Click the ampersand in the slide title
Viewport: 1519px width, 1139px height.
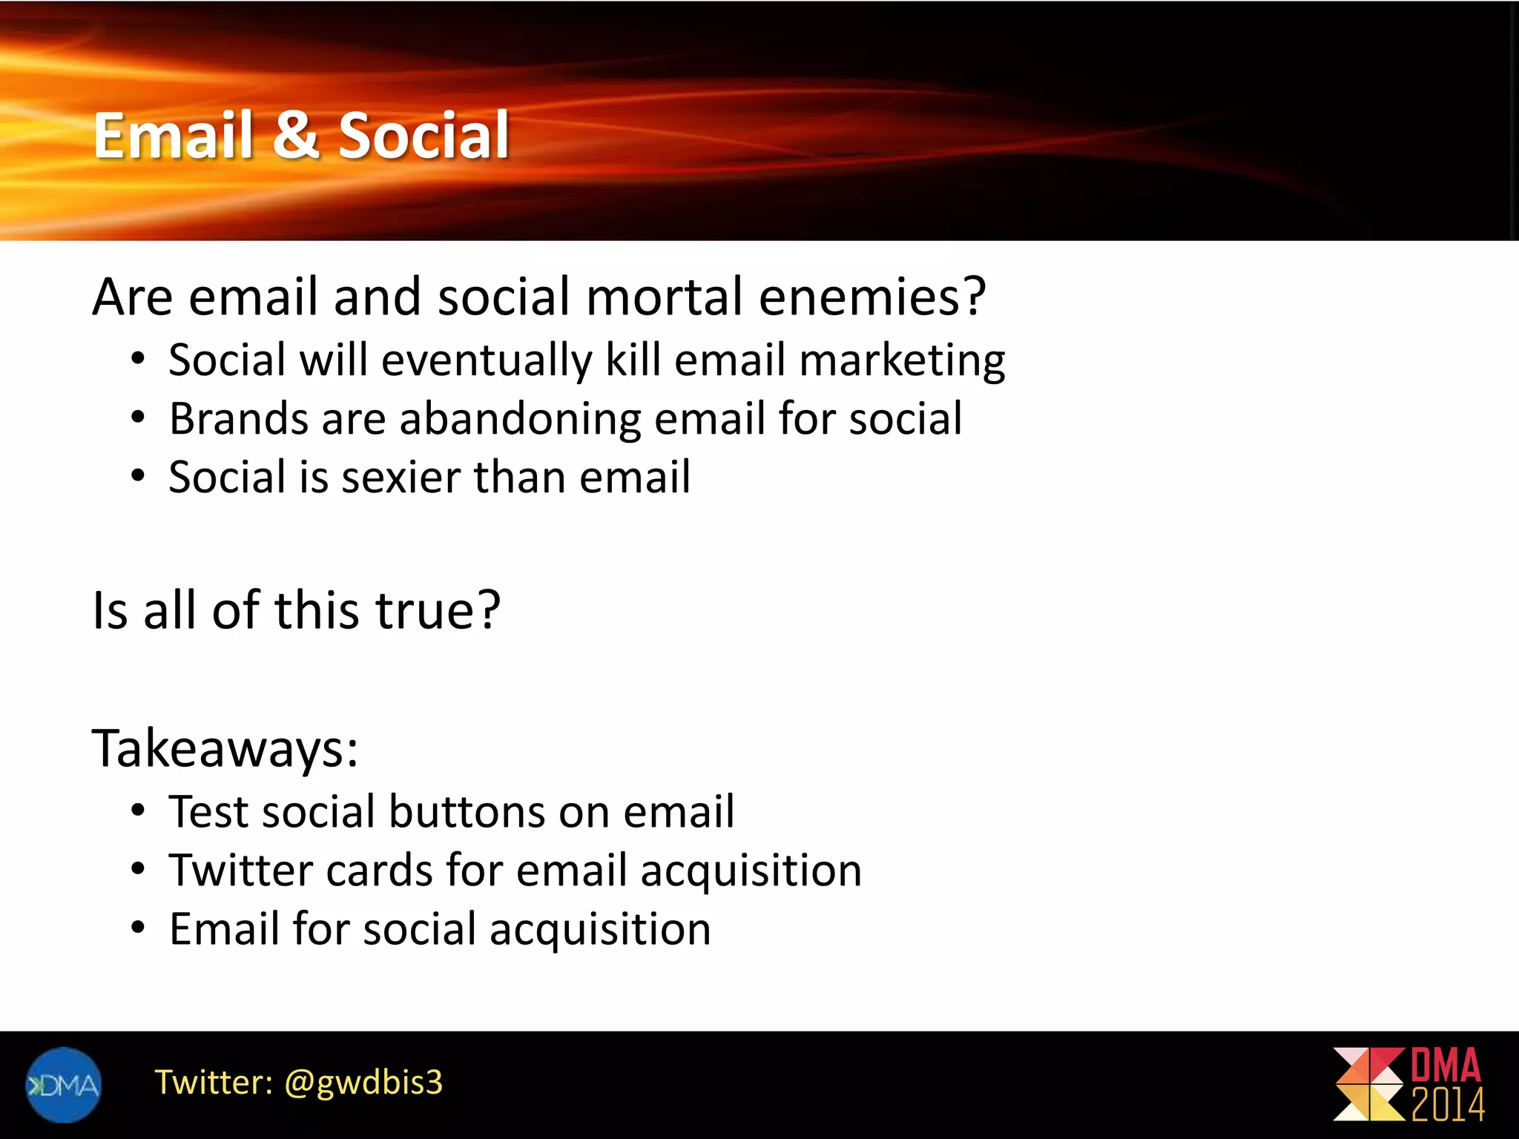click(x=296, y=136)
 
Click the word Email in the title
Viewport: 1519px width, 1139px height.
click(x=174, y=136)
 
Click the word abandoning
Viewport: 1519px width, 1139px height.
click(x=520, y=419)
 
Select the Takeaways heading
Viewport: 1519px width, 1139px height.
click(x=225, y=748)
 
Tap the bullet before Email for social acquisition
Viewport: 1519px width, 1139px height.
click(x=138, y=929)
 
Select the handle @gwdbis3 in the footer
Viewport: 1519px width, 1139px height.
click(x=363, y=1083)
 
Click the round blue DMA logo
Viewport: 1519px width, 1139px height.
click(x=63, y=1085)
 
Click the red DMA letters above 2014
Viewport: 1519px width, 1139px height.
click(x=1445, y=1066)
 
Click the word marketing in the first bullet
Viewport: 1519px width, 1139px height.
click(x=902, y=360)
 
